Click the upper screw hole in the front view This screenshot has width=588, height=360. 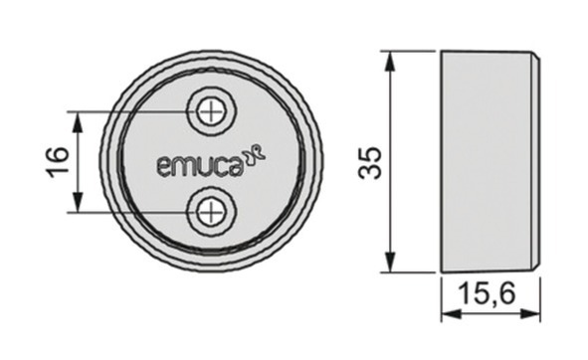(x=212, y=111)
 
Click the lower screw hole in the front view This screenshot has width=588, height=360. (x=212, y=212)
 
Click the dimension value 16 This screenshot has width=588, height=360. (x=58, y=162)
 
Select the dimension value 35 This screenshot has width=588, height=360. (x=370, y=163)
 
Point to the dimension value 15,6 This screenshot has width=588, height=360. (x=487, y=293)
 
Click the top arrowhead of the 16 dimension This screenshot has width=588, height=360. (x=78, y=123)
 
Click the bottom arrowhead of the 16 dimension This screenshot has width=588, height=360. (x=78, y=202)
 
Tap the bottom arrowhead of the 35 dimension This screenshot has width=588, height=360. (x=390, y=262)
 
